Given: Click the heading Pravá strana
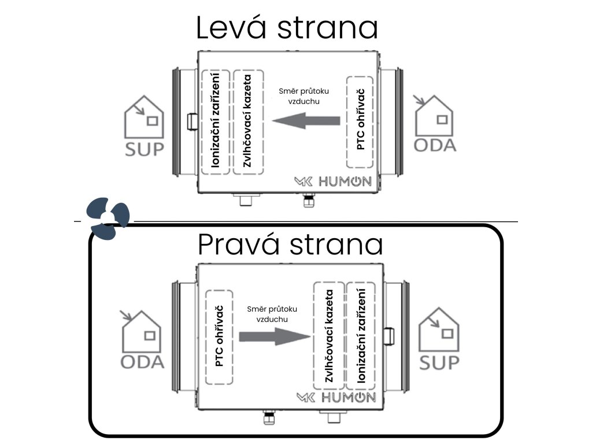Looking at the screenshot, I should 290,245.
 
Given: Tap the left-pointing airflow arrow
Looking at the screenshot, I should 306,121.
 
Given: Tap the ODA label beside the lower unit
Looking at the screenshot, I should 142,362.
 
